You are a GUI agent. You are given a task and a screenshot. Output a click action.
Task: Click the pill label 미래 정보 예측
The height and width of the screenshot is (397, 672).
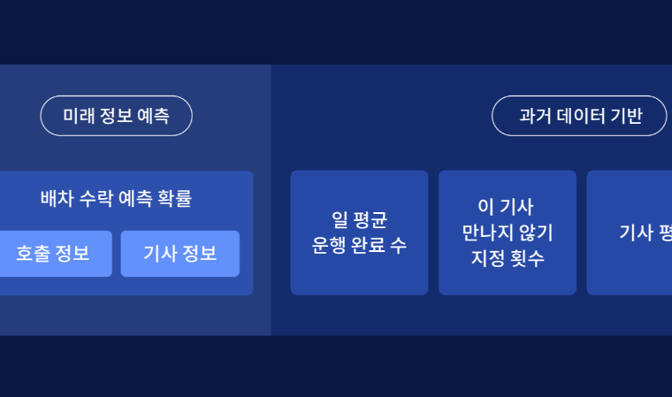[116, 116]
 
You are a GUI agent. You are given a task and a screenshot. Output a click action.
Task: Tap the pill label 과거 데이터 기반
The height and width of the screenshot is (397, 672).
[579, 116]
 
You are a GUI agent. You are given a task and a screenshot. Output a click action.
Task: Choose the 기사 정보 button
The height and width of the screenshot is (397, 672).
[180, 254]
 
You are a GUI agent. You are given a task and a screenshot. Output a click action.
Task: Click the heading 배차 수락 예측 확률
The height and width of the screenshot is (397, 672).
[116, 198]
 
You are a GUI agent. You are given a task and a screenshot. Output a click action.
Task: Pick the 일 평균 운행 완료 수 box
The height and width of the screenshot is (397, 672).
[359, 233]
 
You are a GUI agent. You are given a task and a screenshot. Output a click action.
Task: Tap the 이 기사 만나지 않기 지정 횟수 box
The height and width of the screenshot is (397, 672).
[508, 233]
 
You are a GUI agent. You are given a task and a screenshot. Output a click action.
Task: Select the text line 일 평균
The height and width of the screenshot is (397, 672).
[359, 219]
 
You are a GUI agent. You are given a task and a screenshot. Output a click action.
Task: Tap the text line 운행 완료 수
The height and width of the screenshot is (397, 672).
[359, 245]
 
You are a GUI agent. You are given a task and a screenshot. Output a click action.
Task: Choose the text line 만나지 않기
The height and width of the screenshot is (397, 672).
[508, 233]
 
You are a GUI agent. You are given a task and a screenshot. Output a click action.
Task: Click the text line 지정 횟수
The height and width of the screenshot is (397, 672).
[508, 258]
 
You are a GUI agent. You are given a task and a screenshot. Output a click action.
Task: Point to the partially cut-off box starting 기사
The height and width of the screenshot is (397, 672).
[630, 233]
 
